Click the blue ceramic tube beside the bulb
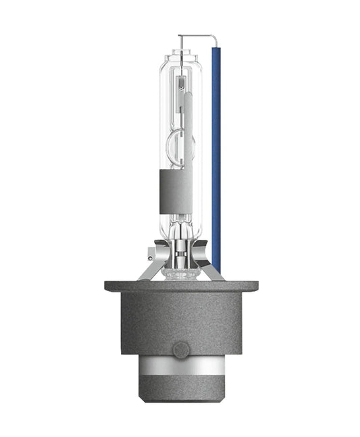tap(216, 155)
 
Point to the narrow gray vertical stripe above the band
tap(188, 128)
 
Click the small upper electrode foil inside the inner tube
tap(181, 84)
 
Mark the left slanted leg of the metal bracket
tap(145, 271)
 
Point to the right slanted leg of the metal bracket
tap(214, 271)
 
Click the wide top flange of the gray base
tap(180, 286)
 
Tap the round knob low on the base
tap(180, 349)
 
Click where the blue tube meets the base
tap(216, 266)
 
